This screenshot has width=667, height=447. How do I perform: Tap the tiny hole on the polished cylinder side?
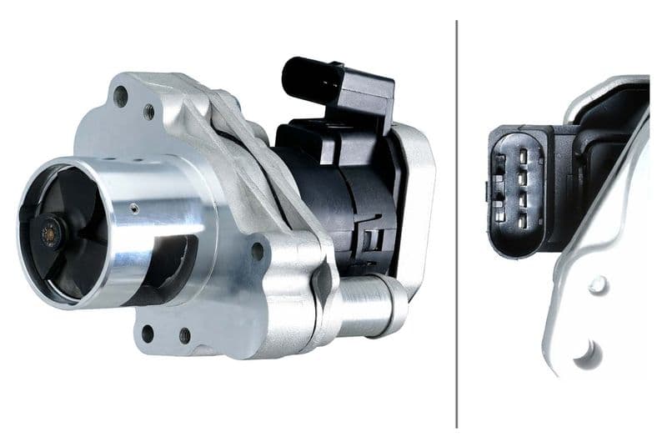pyautogui.click(x=134, y=204)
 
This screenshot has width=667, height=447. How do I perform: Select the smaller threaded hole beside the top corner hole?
pyautogui.click(x=148, y=111)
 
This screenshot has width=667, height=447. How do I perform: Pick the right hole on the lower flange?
pyautogui.click(x=184, y=336)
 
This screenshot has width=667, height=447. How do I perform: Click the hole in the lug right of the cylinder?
pyautogui.click(x=257, y=251)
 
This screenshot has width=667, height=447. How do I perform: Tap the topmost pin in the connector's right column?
pyautogui.click(x=523, y=155)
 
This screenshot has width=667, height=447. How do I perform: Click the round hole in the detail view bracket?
pyautogui.click(x=597, y=285)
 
